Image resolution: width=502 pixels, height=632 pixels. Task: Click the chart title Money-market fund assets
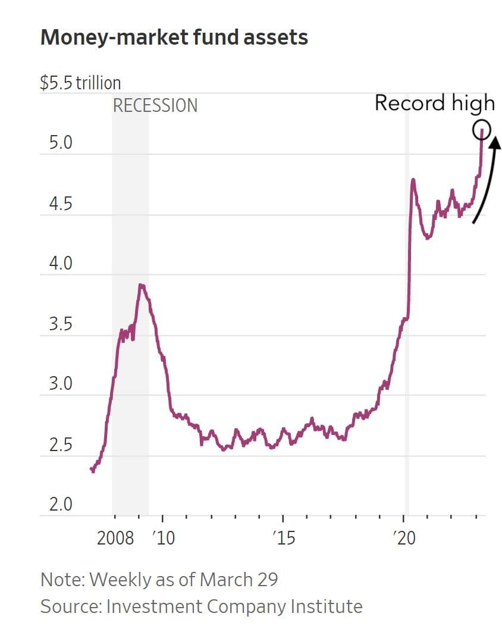174,38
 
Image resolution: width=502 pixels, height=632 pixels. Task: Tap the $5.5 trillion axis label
80,82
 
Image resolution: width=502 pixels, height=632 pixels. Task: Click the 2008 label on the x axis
115,539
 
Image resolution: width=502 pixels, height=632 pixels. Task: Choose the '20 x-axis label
404,539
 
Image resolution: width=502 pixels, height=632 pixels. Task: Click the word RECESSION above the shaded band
155,106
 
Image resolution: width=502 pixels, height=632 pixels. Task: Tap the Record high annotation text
434,104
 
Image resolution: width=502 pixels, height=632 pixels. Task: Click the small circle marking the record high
481,129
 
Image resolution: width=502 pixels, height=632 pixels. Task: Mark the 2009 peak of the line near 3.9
141,286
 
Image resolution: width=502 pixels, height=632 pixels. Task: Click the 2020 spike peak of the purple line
413,179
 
